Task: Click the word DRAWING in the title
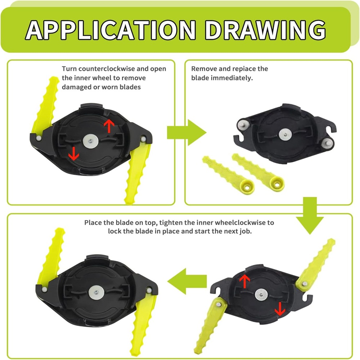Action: pyautogui.click(x=265, y=30)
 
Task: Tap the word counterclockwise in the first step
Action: pyautogui.click(x=108, y=69)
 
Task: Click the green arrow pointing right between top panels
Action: pyautogui.click(x=186, y=132)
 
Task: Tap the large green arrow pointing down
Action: pyautogui.click(x=310, y=215)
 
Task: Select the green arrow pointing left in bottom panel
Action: pyautogui.click(x=187, y=281)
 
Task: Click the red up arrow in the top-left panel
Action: pyautogui.click(x=109, y=126)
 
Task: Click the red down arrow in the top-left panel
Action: pyautogui.click(x=73, y=154)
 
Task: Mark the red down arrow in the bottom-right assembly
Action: pyautogui.click(x=280, y=309)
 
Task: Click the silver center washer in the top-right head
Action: pyautogui.click(x=285, y=135)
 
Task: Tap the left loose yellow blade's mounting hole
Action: pyautogui.click(x=247, y=188)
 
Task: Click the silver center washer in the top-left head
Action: pyautogui.click(x=90, y=141)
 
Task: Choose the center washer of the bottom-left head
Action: pyautogui.click(x=96, y=292)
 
